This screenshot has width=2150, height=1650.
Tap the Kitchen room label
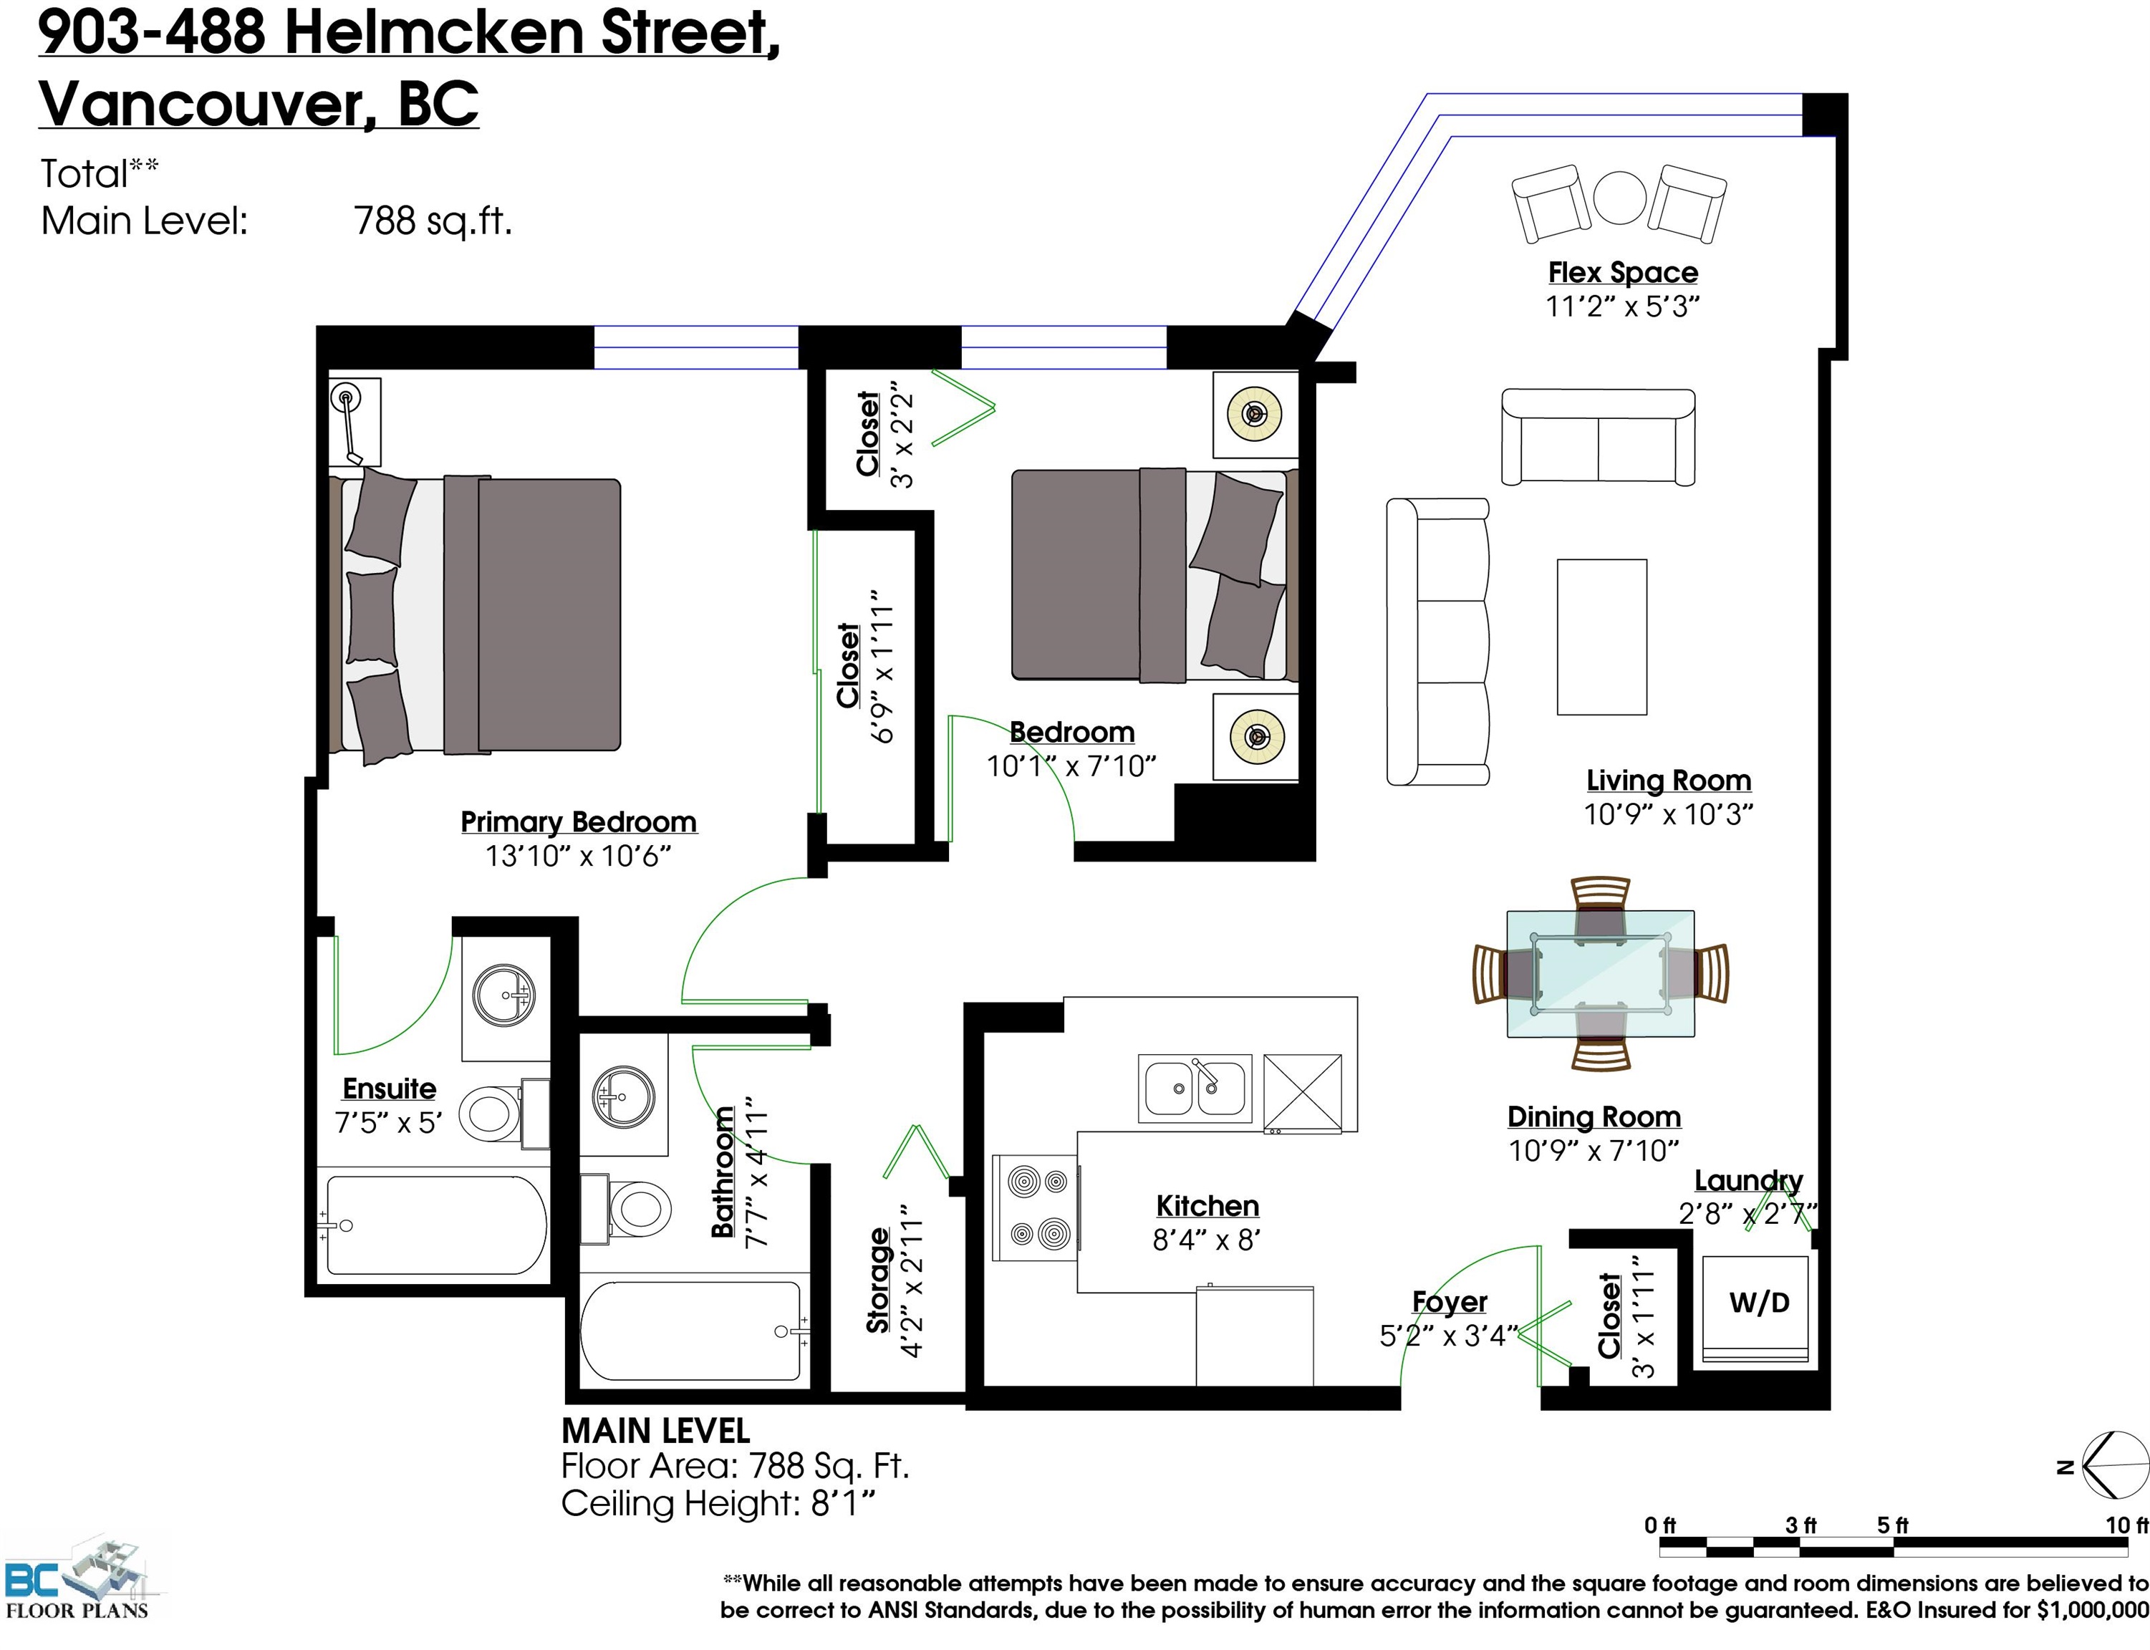coord(1207,1206)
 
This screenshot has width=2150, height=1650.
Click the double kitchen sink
coord(1195,1089)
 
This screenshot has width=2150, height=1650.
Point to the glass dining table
coord(1600,974)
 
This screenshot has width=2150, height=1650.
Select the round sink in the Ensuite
coord(504,995)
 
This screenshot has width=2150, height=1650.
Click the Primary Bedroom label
coord(579,822)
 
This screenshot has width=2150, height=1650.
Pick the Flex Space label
coord(1623,272)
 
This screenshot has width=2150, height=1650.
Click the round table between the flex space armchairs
coord(1619,198)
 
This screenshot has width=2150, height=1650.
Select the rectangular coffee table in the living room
coord(1602,637)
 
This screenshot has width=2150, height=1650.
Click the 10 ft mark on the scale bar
coord(2126,1525)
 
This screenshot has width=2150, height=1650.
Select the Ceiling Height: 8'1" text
coord(718,1504)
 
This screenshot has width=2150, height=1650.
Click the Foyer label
coord(1450,1303)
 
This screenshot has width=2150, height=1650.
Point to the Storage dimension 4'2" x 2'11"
coord(912,1282)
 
